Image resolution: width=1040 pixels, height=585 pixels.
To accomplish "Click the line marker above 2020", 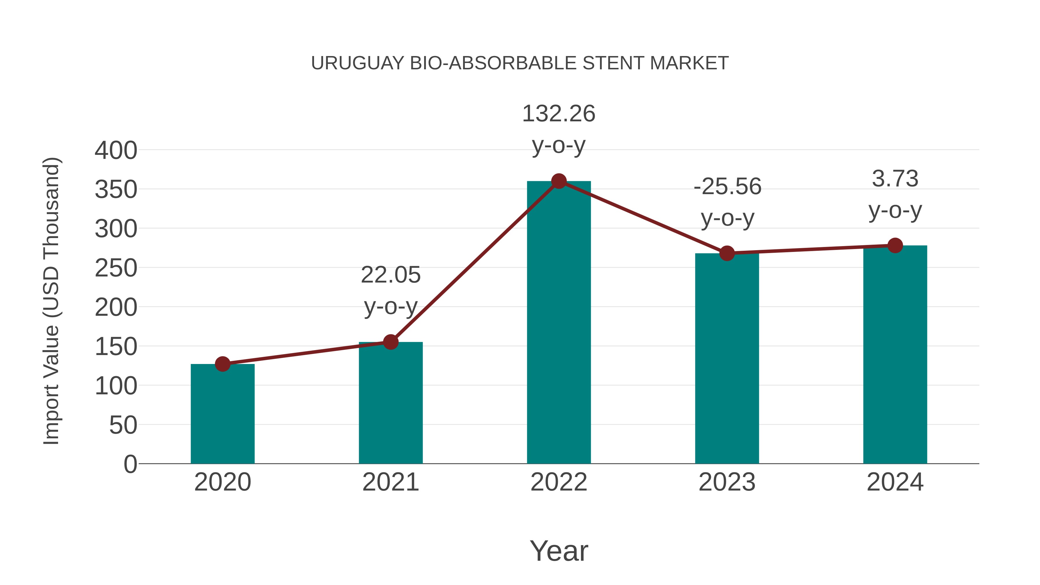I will click(x=222, y=364).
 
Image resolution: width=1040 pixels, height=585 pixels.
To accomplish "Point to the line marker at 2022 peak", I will click(x=559, y=181).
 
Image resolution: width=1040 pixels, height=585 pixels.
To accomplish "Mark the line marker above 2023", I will click(x=727, y=254).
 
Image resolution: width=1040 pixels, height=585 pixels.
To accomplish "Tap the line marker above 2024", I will click(x=895, y=246).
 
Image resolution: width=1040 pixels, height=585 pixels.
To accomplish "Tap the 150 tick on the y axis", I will click(x=116, y=347).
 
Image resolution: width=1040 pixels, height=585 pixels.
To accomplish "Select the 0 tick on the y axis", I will click(x=130, y=464).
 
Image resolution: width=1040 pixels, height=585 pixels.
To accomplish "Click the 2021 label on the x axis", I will click(x=390, y=482).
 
